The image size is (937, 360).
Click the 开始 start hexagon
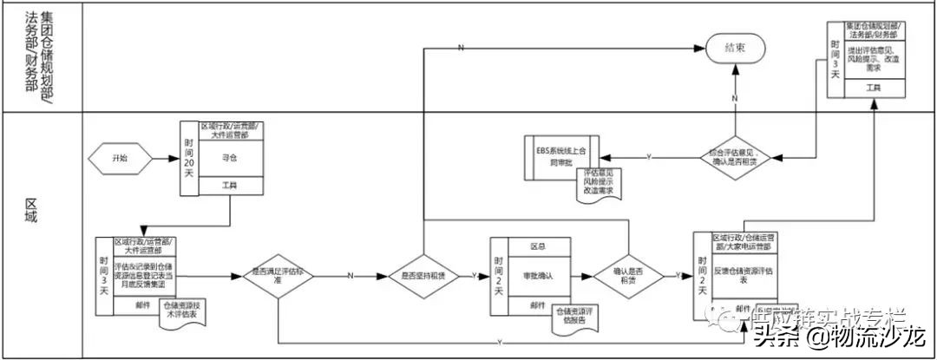[x=120, y=160]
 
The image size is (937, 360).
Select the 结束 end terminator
[x=734, y=49]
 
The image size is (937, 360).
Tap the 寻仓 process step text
[x=229, y=160]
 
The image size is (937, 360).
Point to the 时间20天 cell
[x=190, y=158]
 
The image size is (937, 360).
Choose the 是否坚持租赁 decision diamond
[x=422, y=276]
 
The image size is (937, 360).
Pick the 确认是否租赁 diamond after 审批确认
[x=628, y=276]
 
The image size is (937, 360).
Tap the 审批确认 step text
[x=539, y=276]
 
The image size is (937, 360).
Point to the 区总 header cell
[x=539, y=245]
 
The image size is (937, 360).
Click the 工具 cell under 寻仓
[x=229, y=187]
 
